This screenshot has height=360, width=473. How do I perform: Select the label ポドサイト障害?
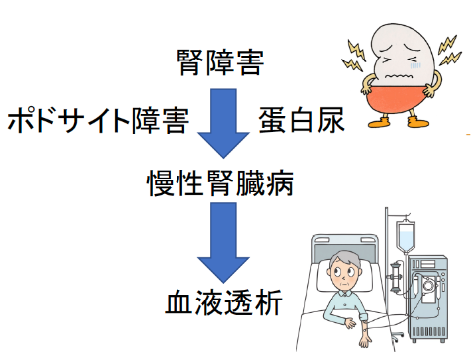(95, 121)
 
